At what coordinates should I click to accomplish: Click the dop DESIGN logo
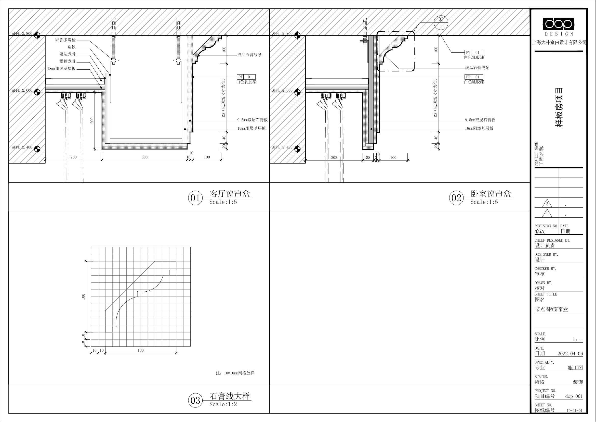559,27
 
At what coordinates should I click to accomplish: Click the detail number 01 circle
195,198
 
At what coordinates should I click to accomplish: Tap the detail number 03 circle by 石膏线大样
195,400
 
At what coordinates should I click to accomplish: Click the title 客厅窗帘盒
230,194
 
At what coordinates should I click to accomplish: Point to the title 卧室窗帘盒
491,194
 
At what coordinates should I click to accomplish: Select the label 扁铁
72,47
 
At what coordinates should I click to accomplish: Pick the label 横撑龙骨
68,61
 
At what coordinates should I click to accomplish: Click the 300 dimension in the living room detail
144,157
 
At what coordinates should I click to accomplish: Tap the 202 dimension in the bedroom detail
334,157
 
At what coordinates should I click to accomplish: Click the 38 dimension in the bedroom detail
368,157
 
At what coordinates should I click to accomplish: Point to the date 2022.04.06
570,354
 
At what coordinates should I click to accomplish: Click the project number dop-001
574,396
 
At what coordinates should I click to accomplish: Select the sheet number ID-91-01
574,411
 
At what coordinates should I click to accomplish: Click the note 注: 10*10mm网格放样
235,373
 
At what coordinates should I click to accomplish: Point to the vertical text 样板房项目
559,107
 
